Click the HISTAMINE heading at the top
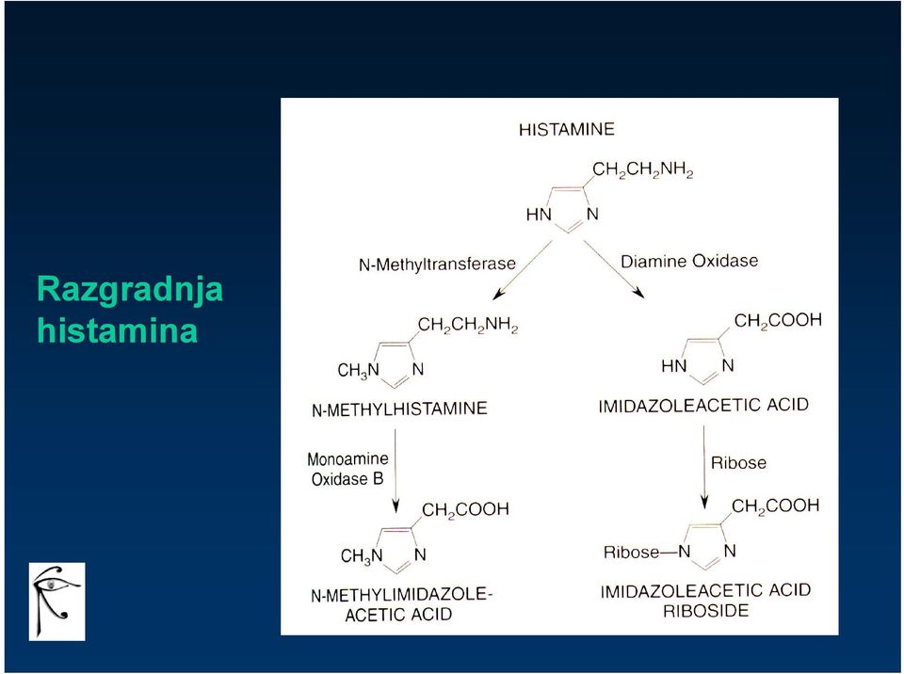[567, 129]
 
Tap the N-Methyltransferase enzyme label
[437, 265]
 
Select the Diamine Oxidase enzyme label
[689, 261]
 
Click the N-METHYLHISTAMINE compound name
[399, 409]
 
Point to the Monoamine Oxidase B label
[347, 469]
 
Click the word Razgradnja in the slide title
[130, 289]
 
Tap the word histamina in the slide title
[117, 330]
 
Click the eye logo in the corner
[57, 602]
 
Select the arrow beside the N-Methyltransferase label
[523, 270]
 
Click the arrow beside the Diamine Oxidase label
[614, 269]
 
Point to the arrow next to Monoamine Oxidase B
[395, 471]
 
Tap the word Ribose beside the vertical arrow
[738, 463]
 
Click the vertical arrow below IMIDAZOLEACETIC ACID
[704, 467]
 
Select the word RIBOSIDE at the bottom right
[705, 611]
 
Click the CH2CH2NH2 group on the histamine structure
[643, 170]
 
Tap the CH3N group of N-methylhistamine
[359, 370]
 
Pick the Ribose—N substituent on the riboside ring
[647, 552]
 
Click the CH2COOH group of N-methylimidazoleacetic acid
[466, 509]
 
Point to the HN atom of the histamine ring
[539, 215]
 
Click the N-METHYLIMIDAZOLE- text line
[402, 595]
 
